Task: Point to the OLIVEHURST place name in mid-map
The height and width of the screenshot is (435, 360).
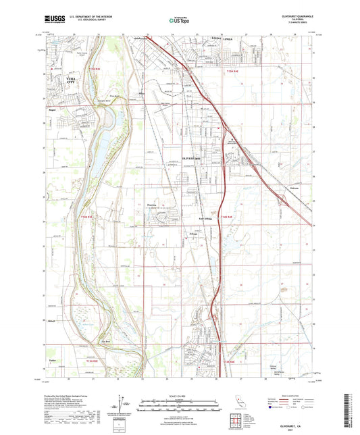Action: click(194, 157)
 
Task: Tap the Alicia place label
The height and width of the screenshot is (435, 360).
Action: click(141, 95)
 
